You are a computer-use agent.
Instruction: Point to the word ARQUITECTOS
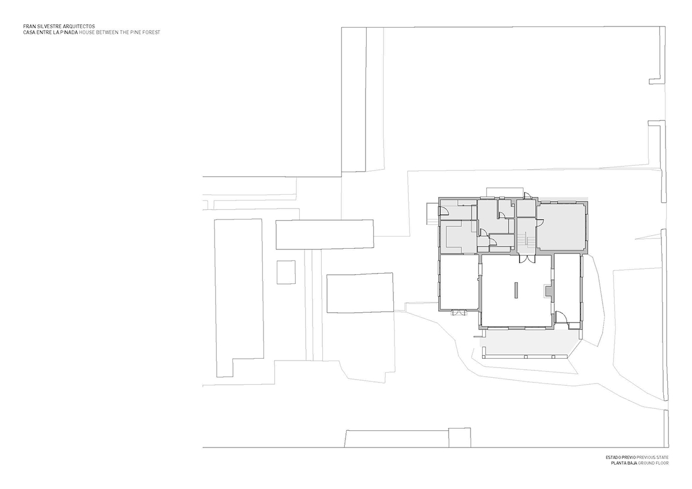(x=81, y=26)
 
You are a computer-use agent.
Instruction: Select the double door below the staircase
(x=527, y=259)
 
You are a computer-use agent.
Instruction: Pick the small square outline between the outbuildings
(x=286, y=272)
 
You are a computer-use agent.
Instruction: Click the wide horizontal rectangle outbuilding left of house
(x=324, y=234)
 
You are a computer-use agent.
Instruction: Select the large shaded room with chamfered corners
(x=562, y=227)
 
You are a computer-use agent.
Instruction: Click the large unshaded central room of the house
(x=516, y=290)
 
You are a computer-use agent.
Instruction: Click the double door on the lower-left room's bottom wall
(x=459, y=313)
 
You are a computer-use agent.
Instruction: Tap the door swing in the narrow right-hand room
(x=561, y=317)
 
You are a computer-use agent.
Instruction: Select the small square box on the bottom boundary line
(x=460, y=438)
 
